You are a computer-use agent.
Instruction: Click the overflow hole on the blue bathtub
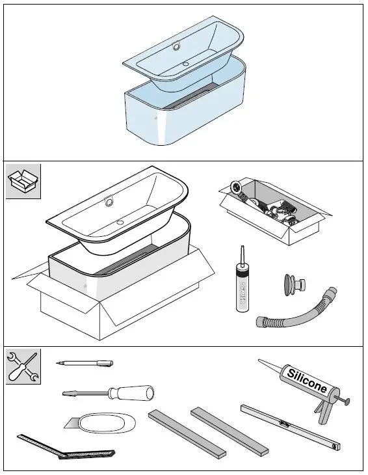click(x=177, y=46)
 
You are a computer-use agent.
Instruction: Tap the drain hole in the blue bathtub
click(x=186, y=64)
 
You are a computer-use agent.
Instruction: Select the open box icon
click(x=23, y=180)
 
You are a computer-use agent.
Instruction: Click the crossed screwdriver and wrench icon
click(x=23, y=366)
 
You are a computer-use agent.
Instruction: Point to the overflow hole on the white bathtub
click(x=109, y=201)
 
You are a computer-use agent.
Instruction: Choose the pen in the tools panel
click(x=85, y=362)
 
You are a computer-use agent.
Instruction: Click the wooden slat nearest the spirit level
click(x=228, y=430)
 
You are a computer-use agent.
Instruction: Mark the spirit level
click(x=289, y=428)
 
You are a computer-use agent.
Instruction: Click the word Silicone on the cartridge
click(x=306, y=381)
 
